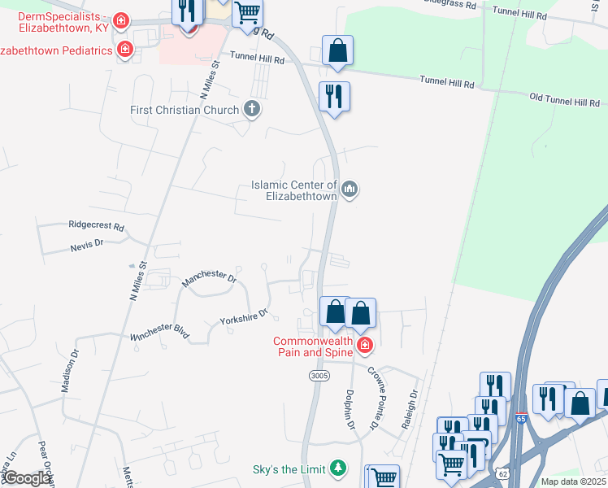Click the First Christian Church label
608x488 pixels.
tap(185, 110)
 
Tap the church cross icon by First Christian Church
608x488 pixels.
tap(252, 110)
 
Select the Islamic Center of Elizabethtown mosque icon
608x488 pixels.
tap(350, 190)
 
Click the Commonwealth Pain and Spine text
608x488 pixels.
tap(313, 346)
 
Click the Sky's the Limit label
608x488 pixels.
tap(289, 468)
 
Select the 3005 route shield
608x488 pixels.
tap(319, 376)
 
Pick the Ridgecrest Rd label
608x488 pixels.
tap(96, 225)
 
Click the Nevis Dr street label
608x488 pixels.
tap(87, 243)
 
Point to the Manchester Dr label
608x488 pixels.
tap(208, 278)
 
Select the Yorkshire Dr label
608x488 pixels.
tap(244, 316)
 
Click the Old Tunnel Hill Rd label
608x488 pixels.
tap(564, 100)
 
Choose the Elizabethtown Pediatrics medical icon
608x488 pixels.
tap(124, 50)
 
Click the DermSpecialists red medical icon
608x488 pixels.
tap(120, 19)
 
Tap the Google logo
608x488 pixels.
tap(27, 478)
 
